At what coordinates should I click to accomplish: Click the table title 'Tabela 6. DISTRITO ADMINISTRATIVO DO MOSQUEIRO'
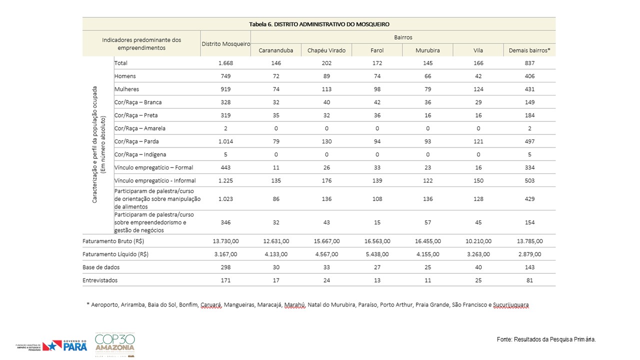pyautogui.click(x=319, y=24)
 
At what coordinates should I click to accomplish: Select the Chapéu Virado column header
pyautogui.click(x=326, y=50)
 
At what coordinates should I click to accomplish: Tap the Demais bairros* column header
pyautogui.click(x=529, y=50)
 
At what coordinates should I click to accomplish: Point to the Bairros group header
pyautogui.click(x=403, y=37)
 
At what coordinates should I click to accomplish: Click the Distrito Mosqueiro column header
pyautogui.click(x=225, y=44)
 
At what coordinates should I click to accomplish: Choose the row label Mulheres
pyautogui.click(x=126, y=89)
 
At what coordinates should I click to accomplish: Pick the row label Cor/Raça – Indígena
pyautogui.click(x=140, y=154)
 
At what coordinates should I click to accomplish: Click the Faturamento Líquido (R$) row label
pyautogui.click(x=115, y=254)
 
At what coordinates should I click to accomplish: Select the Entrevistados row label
pyautogui.click(x=100, y=280)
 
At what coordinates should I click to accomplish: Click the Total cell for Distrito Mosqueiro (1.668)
pyautogui.click(x=225, y=63)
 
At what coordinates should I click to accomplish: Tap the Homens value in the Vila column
pyautogui.click(x=478, y=76)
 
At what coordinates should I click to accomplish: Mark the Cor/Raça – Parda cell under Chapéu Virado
pyautogui.click(x=326, y=141)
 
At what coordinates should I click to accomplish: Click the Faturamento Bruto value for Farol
pyautogui.click(x=377, y=241)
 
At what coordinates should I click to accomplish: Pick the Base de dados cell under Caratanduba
pyautogui.click(x=276, y=267)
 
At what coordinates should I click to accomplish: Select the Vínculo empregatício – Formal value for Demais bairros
pyautogui.click(x=529, y=167)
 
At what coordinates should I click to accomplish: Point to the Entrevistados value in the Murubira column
pyautogui.click(x=427, y=280)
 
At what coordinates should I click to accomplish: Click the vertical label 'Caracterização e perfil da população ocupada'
pyautogui.click(x=94, y=144)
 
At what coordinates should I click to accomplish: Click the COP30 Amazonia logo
pyautogui.click(x=115, y=344)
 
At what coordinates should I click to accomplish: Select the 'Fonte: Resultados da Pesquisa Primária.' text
pyautogui.click(x=546, y=339)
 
